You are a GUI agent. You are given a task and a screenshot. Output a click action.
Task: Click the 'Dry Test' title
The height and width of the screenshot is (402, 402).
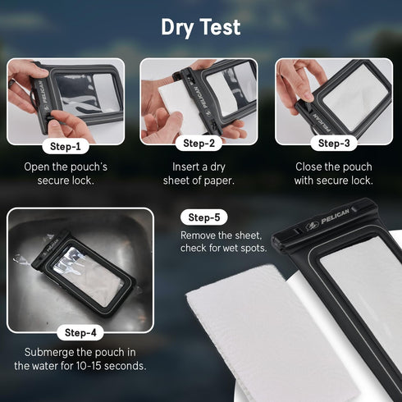tap(201, 27)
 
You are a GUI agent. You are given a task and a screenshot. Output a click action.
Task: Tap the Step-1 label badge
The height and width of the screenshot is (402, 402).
tap(66, 148)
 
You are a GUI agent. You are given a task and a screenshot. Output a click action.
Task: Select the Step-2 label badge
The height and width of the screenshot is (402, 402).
tap(199, 144)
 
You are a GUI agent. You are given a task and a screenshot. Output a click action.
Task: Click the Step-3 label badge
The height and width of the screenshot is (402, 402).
tap(333, 144)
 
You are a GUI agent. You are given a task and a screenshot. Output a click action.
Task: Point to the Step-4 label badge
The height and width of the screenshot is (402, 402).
tap(80, 333)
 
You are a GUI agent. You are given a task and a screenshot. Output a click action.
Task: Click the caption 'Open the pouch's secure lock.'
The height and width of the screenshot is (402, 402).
tap(66, 173)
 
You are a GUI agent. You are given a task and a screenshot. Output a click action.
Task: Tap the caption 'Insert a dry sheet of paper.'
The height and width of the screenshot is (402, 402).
tap(199, 173)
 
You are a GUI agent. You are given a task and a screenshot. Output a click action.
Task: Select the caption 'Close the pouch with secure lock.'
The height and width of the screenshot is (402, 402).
tap(333, 173)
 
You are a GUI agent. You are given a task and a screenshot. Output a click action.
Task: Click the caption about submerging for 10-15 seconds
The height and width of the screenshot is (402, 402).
tap(80, 359)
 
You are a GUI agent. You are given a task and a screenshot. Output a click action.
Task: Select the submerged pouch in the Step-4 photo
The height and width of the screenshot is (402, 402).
tap(82, 275)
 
